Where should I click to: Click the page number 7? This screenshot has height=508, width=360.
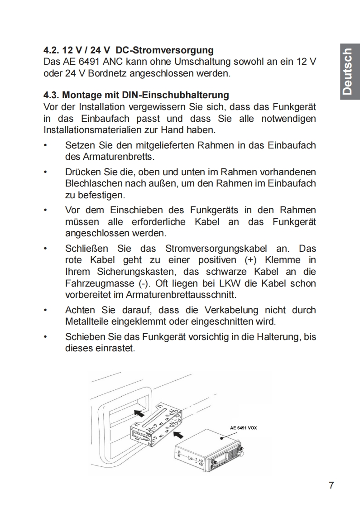point(331,485)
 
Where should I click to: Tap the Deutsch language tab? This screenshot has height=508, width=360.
point(347,71)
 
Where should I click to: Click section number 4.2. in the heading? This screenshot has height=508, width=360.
point(52,49)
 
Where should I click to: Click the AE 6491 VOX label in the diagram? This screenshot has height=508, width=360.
point(243,427)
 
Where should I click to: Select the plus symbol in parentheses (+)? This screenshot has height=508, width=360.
point(250,260)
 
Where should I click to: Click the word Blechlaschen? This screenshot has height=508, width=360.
point(93,183)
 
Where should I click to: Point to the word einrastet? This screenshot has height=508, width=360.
point(115,349)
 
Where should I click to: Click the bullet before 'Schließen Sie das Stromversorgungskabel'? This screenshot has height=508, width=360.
point(45,249)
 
